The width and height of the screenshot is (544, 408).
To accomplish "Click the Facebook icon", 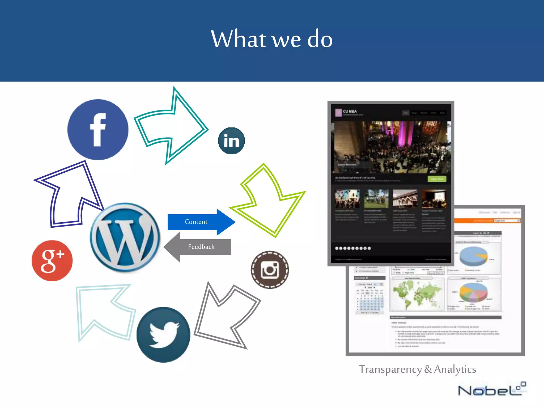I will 98,130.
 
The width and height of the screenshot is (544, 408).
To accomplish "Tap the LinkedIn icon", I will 231,141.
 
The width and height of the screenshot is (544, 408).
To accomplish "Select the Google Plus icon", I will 52,261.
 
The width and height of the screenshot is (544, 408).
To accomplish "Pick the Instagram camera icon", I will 270,270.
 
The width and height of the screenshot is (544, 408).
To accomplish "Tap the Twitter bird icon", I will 163,335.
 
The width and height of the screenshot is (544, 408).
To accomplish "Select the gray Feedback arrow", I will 198,247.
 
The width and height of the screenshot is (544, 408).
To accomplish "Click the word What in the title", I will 238,39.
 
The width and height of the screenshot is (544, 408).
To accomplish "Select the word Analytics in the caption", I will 455,369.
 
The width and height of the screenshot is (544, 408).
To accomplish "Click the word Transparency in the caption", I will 390,369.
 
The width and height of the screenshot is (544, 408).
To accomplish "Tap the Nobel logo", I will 491,390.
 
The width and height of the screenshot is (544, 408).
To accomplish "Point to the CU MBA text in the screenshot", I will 350,111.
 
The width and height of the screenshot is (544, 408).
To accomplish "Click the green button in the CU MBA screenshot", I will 437,179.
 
